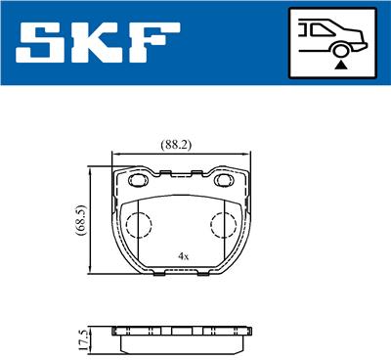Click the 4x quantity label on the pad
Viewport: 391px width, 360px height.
coord(182,256)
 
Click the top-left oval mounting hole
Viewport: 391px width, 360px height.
coord(135,179)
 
